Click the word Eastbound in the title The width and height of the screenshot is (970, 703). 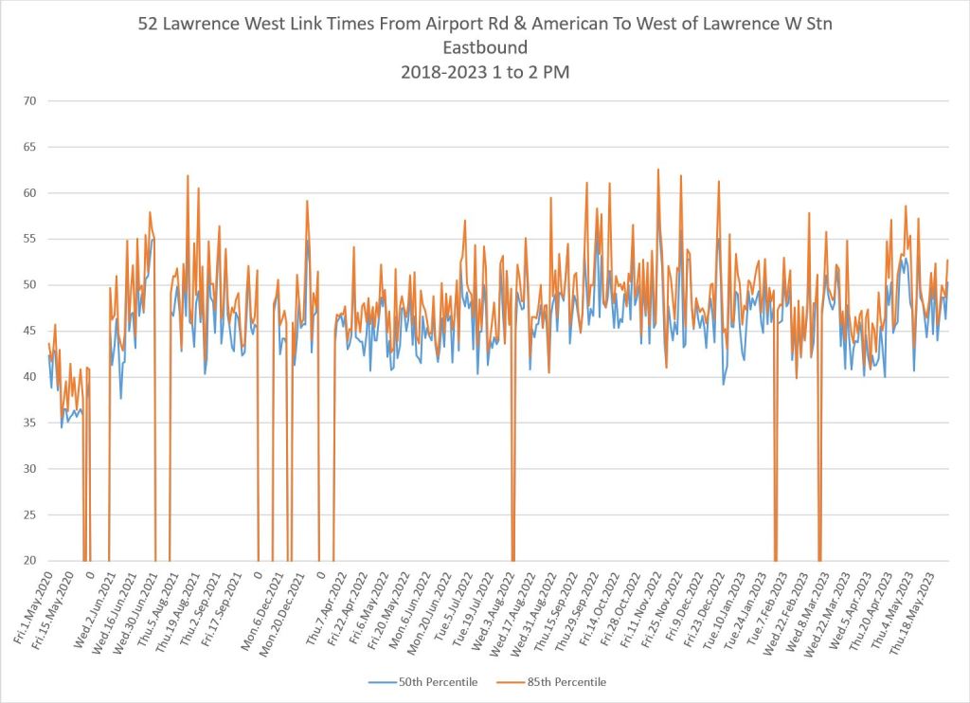[x=484, y=45]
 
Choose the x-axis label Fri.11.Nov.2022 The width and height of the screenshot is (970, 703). [x=638, y=607]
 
